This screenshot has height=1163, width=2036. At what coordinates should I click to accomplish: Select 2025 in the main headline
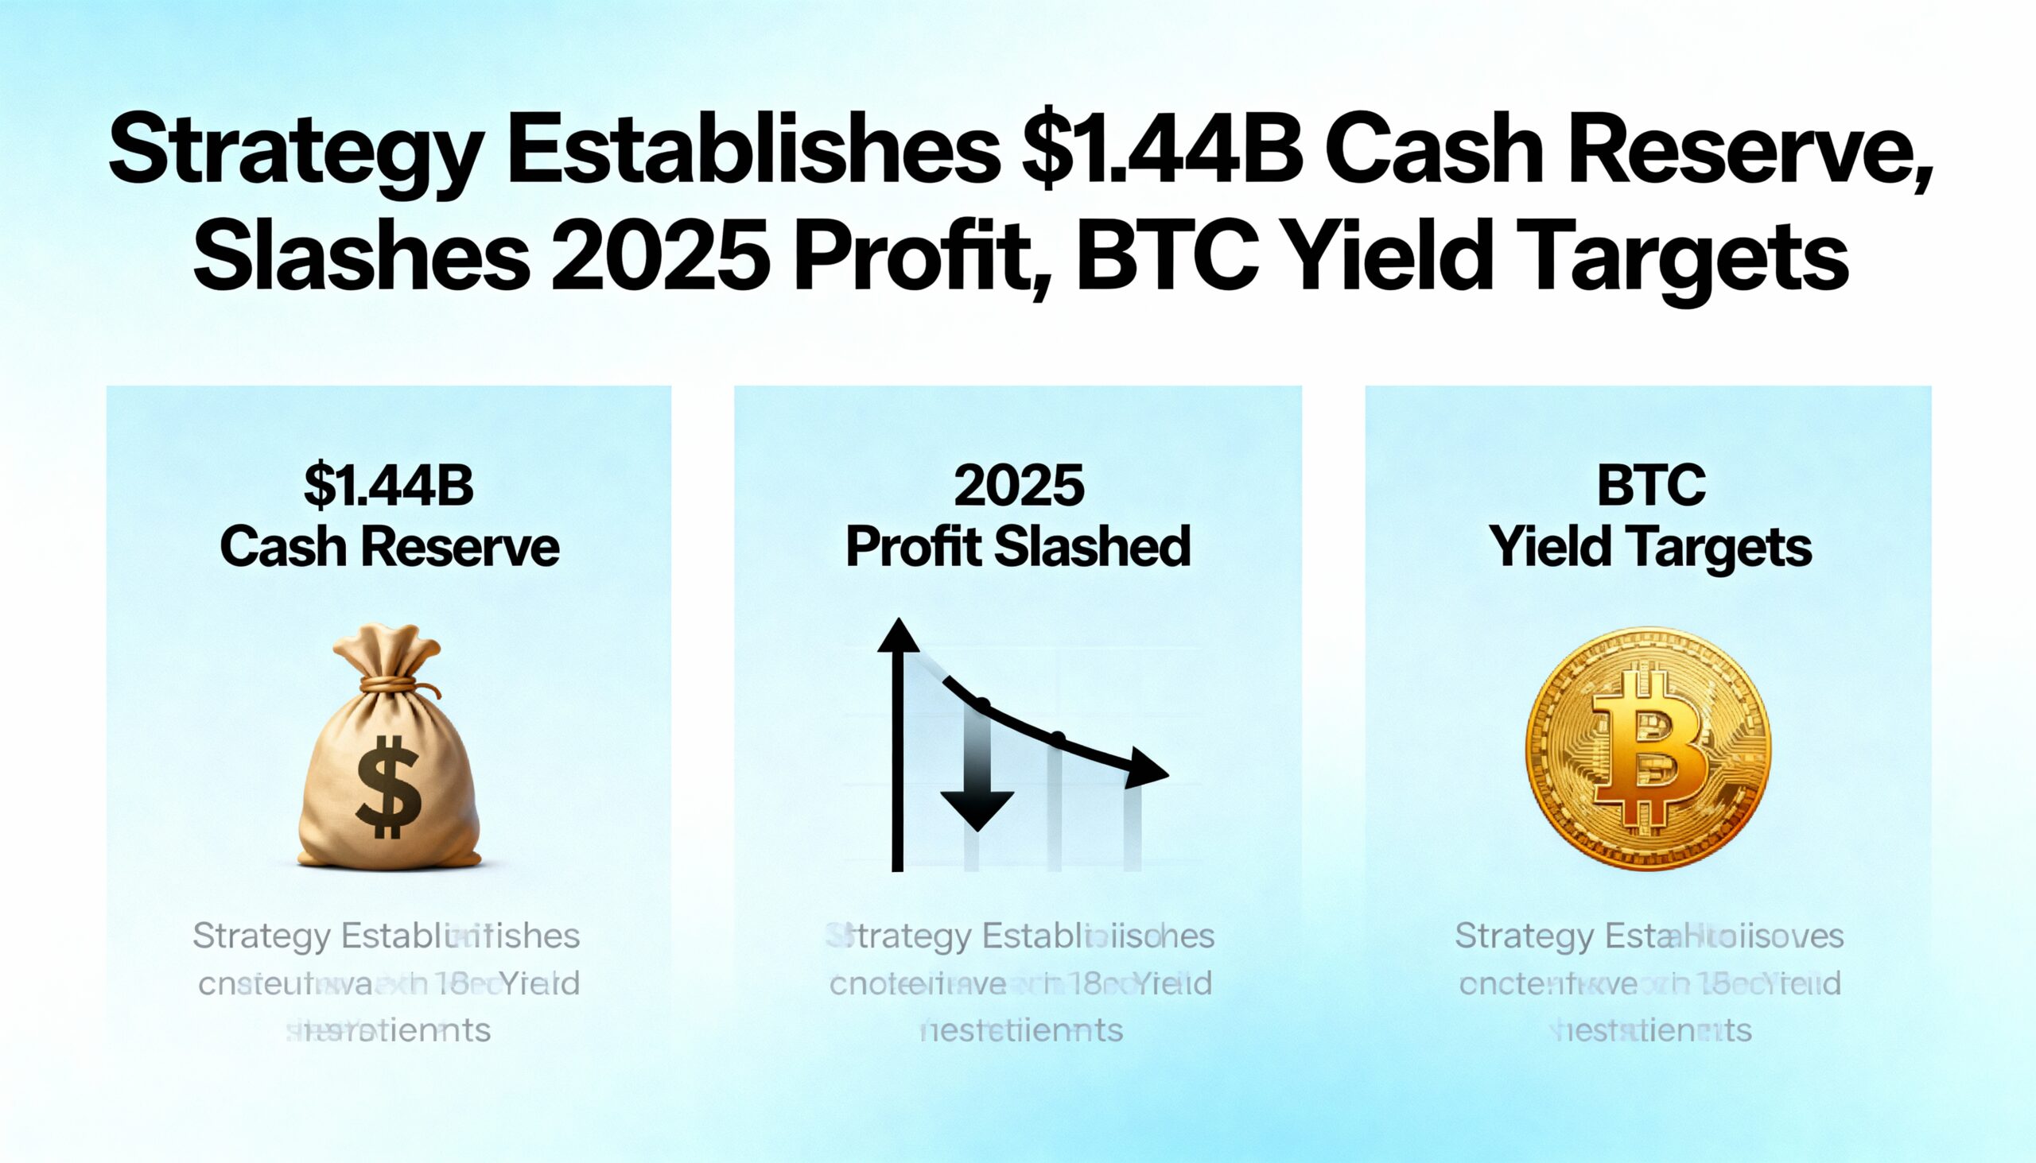(x=660, y=258)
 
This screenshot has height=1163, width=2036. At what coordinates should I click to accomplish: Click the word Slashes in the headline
(x=361, y=258)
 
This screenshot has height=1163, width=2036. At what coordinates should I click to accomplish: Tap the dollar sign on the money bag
(x=388, y=787)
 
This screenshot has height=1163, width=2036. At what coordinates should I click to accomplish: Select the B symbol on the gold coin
(x=1649, y=750)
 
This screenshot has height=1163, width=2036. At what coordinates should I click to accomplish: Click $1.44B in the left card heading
(x=389, y=486)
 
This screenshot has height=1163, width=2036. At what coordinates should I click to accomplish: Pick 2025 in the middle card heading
(x=1019, y=486)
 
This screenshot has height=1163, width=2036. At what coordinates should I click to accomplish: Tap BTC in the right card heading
(x=1650, y=486)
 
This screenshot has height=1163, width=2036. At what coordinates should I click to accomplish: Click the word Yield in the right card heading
(x=1549, y=548)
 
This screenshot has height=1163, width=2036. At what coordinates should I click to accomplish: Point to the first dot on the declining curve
(x=983, y=704)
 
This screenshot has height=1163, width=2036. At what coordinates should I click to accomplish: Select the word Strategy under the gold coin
(x=1513, y=936)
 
